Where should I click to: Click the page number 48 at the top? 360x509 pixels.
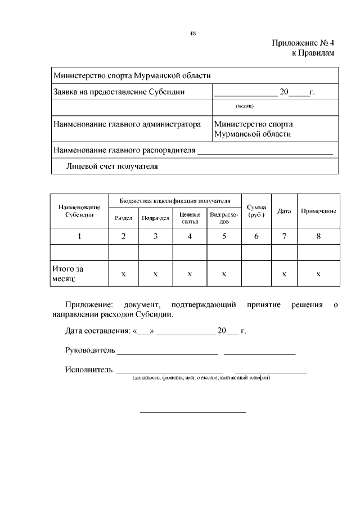pos(192,33)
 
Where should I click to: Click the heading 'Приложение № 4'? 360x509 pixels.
pos(303,43)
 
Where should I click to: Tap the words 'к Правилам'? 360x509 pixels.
pos(312,53)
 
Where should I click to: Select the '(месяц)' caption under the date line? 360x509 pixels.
pos(245,106)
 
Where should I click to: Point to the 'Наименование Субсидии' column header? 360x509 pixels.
pos(79,211)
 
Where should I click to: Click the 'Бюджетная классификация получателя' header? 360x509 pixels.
pos(175,200)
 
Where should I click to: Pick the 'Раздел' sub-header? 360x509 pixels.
pos(123,218)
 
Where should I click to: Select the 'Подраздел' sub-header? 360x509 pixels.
pos(156,218)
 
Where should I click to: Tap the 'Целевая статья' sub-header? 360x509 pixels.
pos(190,218)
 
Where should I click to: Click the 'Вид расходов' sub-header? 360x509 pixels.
pos(224,218)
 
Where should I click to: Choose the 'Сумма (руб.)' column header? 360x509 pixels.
pos(256,211)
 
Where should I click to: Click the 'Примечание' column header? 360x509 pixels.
pos(318,211)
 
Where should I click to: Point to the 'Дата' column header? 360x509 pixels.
pos(284,211)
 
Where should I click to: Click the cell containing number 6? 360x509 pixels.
pos(256,236)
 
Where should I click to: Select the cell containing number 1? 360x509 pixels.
pos(79,236)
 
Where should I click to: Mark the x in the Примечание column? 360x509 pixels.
pos(318,273)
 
